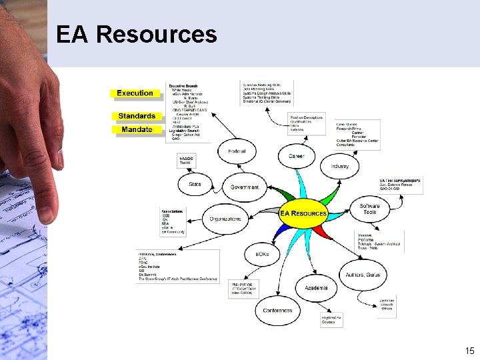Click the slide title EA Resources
coord(137,34)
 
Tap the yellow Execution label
coord(135,93)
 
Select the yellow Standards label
coord(137,116)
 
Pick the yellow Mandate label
coord(137,129)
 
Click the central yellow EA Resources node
coord(303,214)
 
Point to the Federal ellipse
coord(237,151)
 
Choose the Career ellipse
coord(297,156)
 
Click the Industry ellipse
coord(339,166)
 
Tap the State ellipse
coord(195,184)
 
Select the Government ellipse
coord(245,187)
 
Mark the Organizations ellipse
coord(225,219)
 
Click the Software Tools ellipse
coord(370,209)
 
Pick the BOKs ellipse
coord(262,254)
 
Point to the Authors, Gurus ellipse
coord(363,275)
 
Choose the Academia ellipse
coord(316,289)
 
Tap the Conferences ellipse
coord(277,311)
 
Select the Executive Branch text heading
coord(183,86)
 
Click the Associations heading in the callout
coord(172,211)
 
